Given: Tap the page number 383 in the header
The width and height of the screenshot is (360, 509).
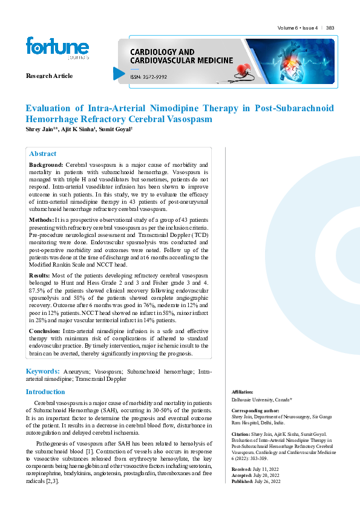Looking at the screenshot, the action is click(330, 28).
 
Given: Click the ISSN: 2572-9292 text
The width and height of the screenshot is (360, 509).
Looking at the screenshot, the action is click(148, 77).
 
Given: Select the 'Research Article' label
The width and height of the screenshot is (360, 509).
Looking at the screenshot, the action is click(49, 76).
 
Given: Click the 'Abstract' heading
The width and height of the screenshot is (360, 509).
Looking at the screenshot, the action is click(43, 154).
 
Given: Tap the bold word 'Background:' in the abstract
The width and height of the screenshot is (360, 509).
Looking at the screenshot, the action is click(46, 165).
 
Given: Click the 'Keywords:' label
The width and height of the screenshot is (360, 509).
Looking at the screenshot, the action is click(42, 371).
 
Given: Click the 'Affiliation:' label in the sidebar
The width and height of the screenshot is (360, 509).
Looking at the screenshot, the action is click(242, 392).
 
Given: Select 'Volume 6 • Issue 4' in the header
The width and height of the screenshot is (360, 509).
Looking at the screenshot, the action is click(298, 28).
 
